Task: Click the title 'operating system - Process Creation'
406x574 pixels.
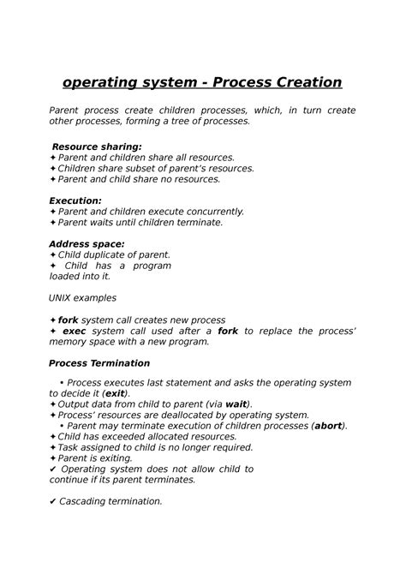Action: [202, 82]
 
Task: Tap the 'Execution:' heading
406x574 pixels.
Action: [75, 200]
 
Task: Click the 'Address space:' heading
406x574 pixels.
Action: [87, 243]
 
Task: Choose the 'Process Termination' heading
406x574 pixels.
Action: [99, 362]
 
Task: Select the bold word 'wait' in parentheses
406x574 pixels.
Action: [236, 404]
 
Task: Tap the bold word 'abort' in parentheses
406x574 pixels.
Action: [327, 426]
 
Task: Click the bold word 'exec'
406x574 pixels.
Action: [75, 330]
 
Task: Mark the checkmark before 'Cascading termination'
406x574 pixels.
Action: [53, 501]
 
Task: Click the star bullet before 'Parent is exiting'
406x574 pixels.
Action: [53, 457]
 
